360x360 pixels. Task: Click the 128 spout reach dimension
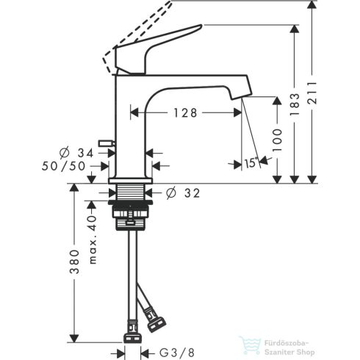coord(185,112)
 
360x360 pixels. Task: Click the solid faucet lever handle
coord(162,46)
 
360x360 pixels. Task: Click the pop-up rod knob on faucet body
coord(107,140)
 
